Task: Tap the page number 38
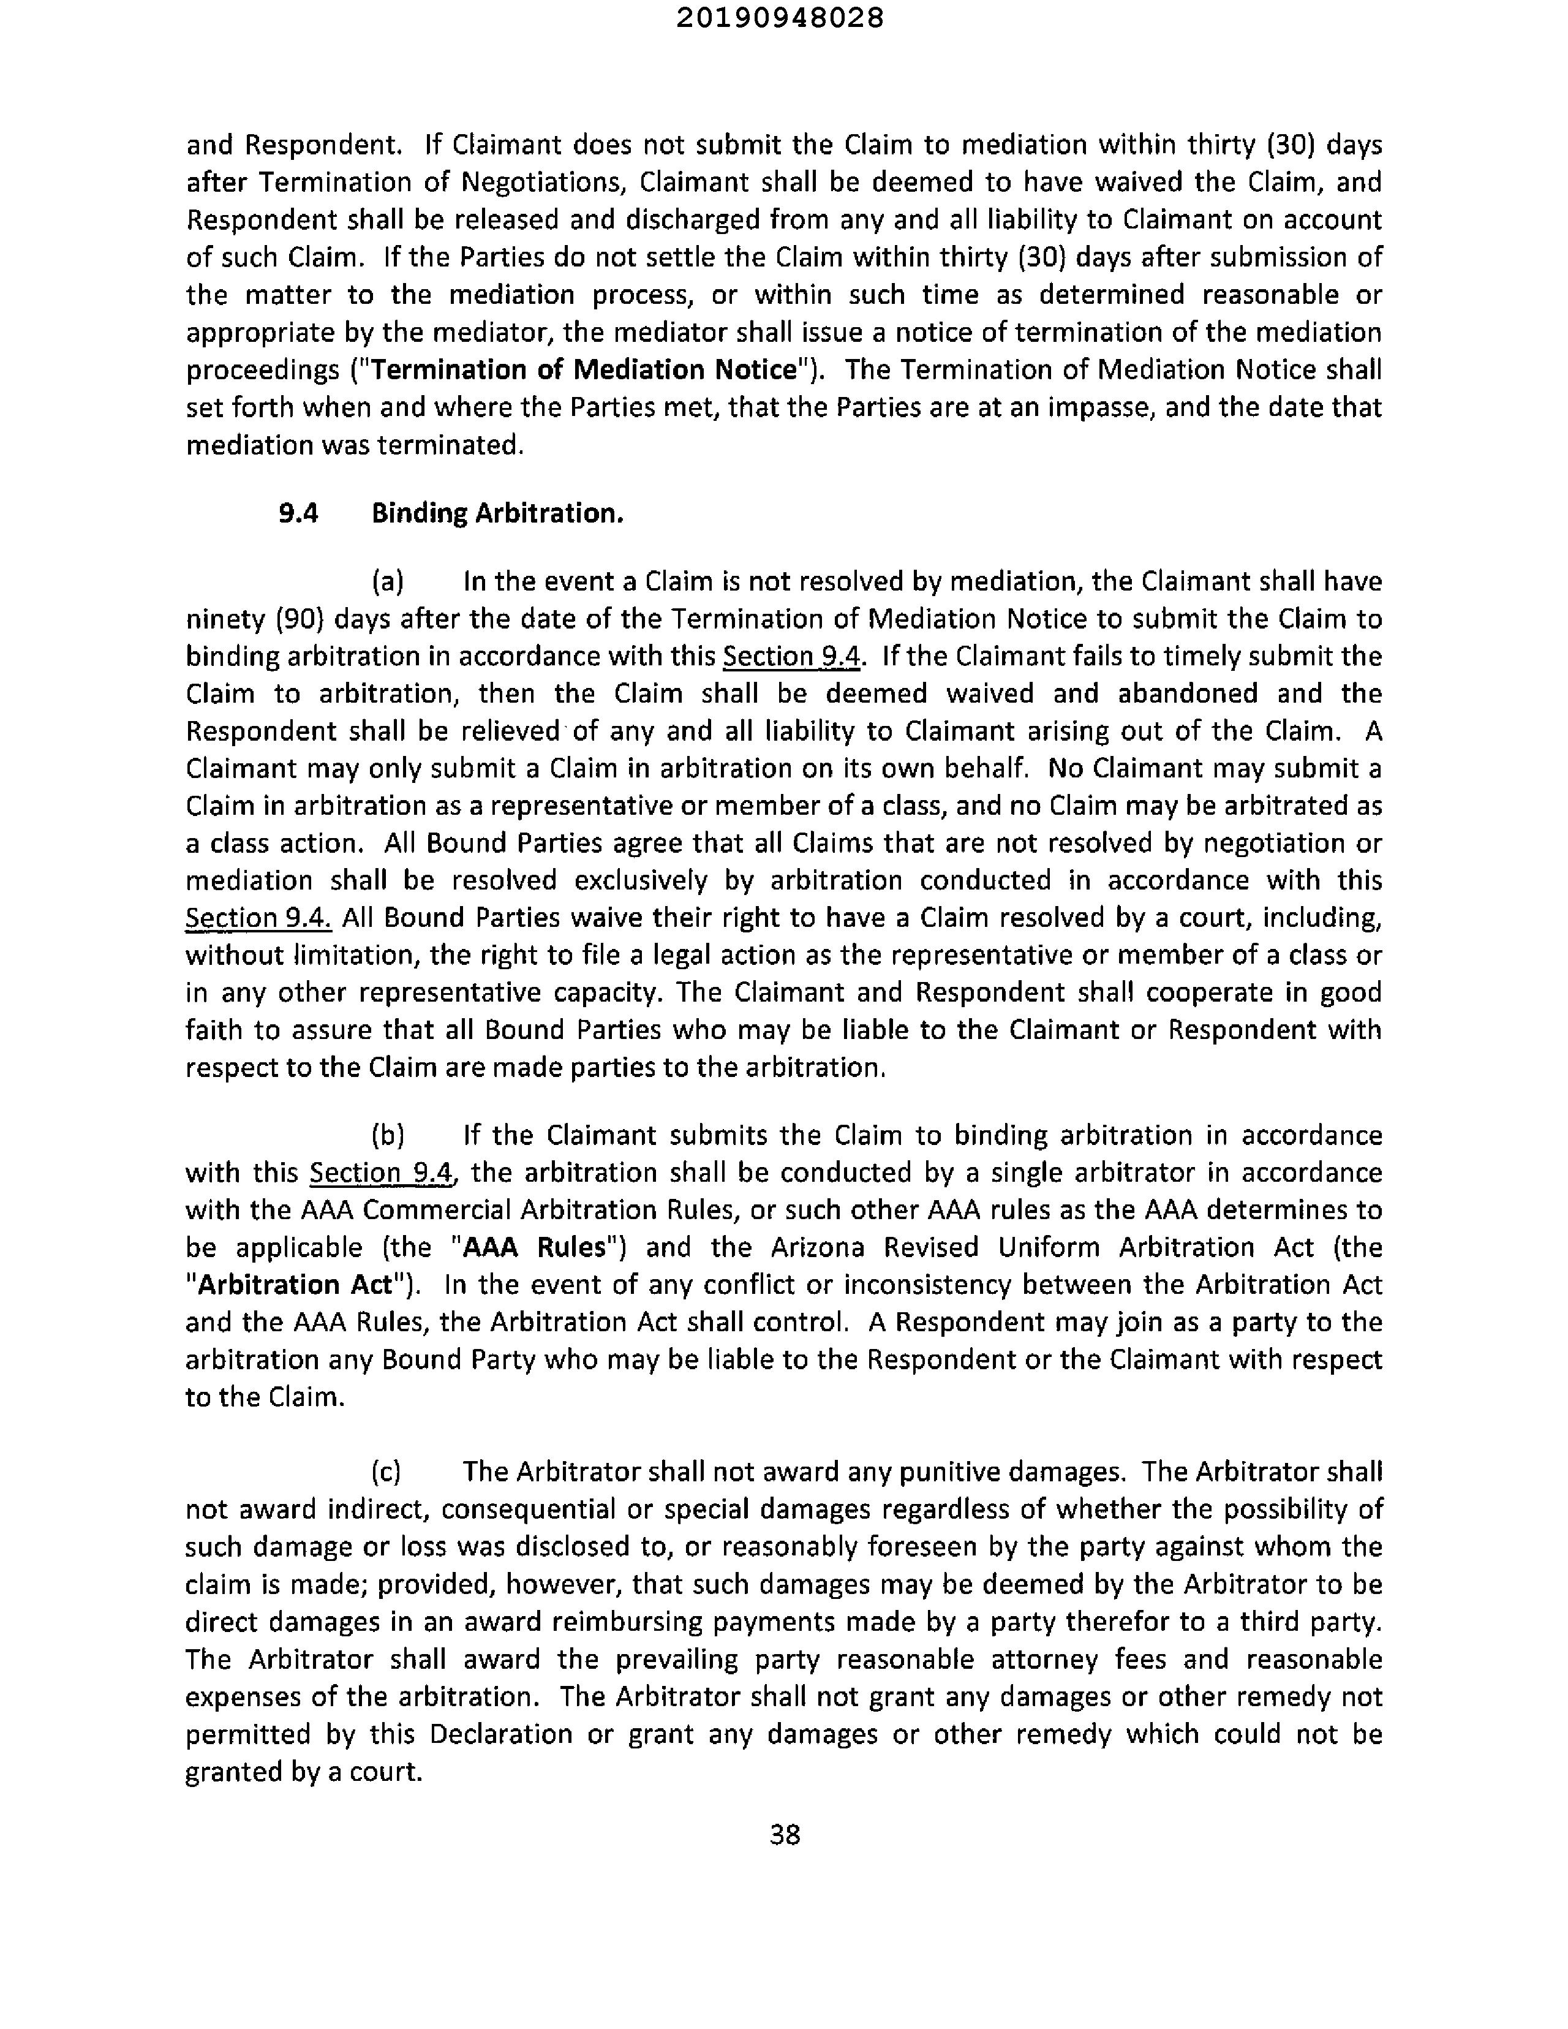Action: [x=785, y=1834]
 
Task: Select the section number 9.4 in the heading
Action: [x=298, y=513]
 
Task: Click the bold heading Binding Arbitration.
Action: [x=497, y=513]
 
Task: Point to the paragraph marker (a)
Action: [x=387, y=581]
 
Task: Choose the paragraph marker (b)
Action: [x=387, y=1135]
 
